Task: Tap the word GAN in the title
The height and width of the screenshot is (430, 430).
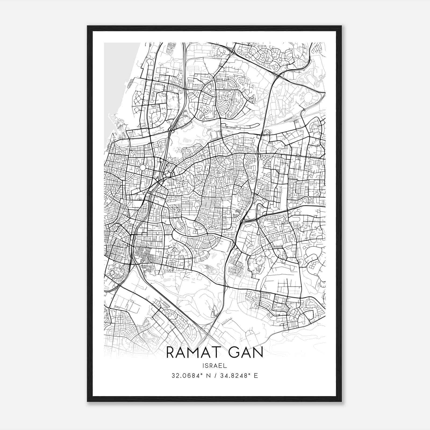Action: coord(245,352)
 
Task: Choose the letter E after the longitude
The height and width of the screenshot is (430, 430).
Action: coord(256,376)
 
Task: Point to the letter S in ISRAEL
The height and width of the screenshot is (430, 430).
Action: coord(208,365)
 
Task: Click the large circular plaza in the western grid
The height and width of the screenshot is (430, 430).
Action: coord(142,167)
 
